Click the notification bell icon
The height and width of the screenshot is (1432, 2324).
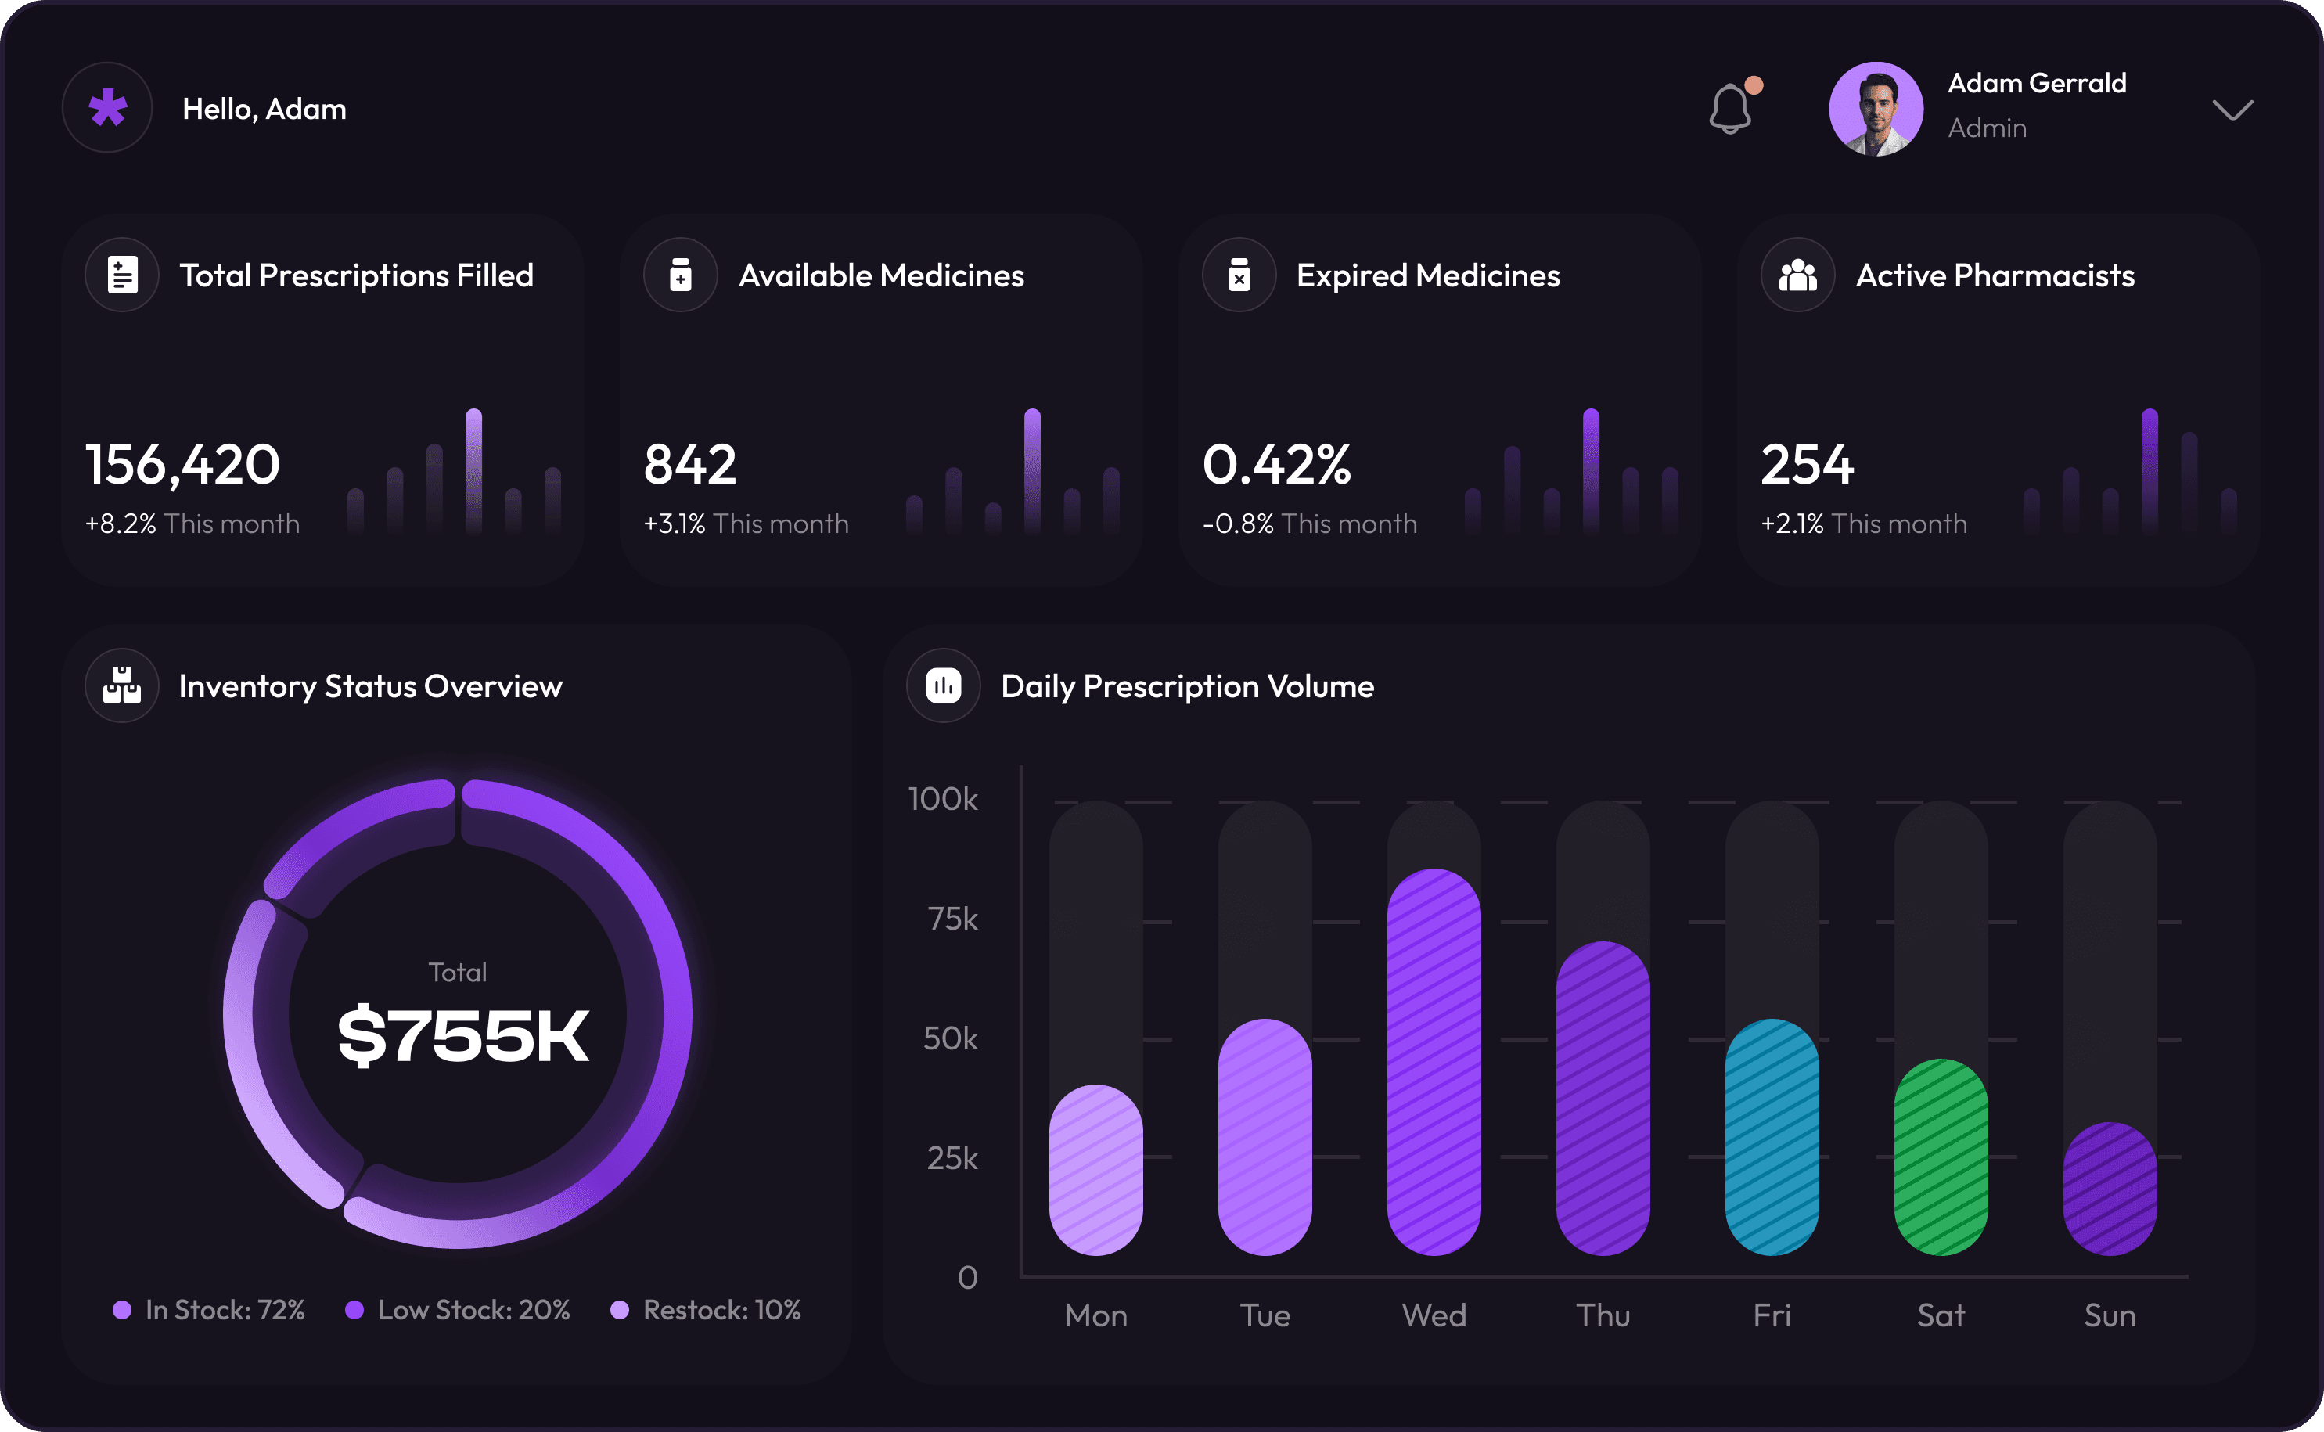tap(1729, 109)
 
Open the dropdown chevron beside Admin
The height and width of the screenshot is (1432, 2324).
tap(2232, 110)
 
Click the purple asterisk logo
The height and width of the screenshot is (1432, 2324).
tap(108, 108)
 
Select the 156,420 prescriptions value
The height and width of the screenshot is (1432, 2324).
tap(183, 464)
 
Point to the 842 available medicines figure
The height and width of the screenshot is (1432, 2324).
tap(689, 464)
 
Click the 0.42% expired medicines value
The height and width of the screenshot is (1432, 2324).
tap(1275, 464)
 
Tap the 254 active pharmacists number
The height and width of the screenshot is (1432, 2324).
tap(1806, 464)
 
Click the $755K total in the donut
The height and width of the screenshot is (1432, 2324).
tap(463, 1035)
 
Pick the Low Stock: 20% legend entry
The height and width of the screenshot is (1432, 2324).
tap(459, 1310)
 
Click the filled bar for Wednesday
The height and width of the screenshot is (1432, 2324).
tap(1434, 1061)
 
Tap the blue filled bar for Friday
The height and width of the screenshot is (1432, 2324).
tap(1772, 1136)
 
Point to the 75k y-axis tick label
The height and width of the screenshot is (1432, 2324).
tap(952, 919)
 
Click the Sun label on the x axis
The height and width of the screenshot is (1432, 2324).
tap(2109, 1315)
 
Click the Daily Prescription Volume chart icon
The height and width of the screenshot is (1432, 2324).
tap(943, 685)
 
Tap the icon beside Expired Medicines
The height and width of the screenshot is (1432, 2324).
tap(1239, 275)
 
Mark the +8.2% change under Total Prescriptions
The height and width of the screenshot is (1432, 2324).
tap(121, 524)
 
